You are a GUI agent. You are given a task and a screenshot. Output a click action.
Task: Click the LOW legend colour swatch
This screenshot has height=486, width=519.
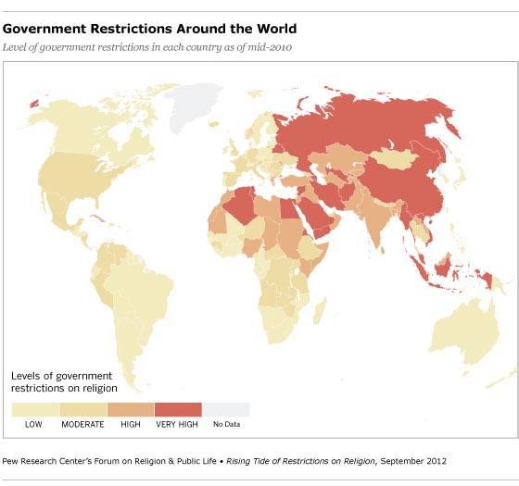coord(35,409)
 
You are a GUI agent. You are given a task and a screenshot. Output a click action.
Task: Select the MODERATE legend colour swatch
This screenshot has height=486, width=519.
coord(83,409)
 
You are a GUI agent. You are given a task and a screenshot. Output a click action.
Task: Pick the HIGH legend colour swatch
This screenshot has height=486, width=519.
coord(131,409)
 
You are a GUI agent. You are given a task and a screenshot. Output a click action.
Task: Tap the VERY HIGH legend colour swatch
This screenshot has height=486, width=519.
coord(178,409)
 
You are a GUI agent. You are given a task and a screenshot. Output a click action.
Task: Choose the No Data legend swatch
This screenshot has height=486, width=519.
coord(226,409)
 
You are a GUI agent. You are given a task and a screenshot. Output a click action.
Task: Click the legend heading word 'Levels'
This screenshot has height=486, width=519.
coord(27,376)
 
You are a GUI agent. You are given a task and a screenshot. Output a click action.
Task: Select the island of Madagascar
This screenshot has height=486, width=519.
coord(327,305)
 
